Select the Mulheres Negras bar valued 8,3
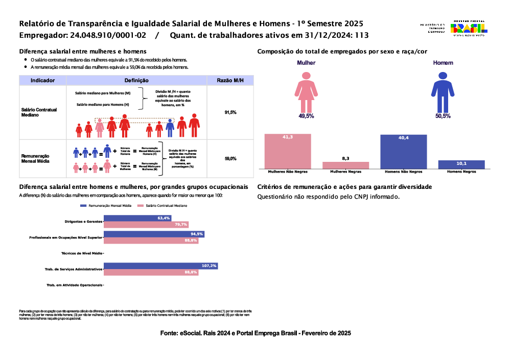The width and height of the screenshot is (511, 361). coord(345,165)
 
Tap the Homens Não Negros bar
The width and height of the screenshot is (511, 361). coord(403,151)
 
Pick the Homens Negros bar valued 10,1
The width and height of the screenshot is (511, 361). coord(461,164)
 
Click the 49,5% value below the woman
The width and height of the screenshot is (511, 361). coord(306,116)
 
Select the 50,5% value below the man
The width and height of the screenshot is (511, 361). coord(443,116)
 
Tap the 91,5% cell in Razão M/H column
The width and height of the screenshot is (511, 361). coord(230,112)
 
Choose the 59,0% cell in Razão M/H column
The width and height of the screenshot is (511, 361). coord(230,159)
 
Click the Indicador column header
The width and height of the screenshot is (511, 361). coord(43,80)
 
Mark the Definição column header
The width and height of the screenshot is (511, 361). coord(136,80)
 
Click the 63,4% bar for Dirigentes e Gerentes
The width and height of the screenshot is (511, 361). coord(137,218)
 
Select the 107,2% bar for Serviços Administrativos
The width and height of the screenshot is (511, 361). coord(161,266)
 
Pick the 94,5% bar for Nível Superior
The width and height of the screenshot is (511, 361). coord(154,234)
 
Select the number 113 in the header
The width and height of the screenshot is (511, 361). coord(362,36)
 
